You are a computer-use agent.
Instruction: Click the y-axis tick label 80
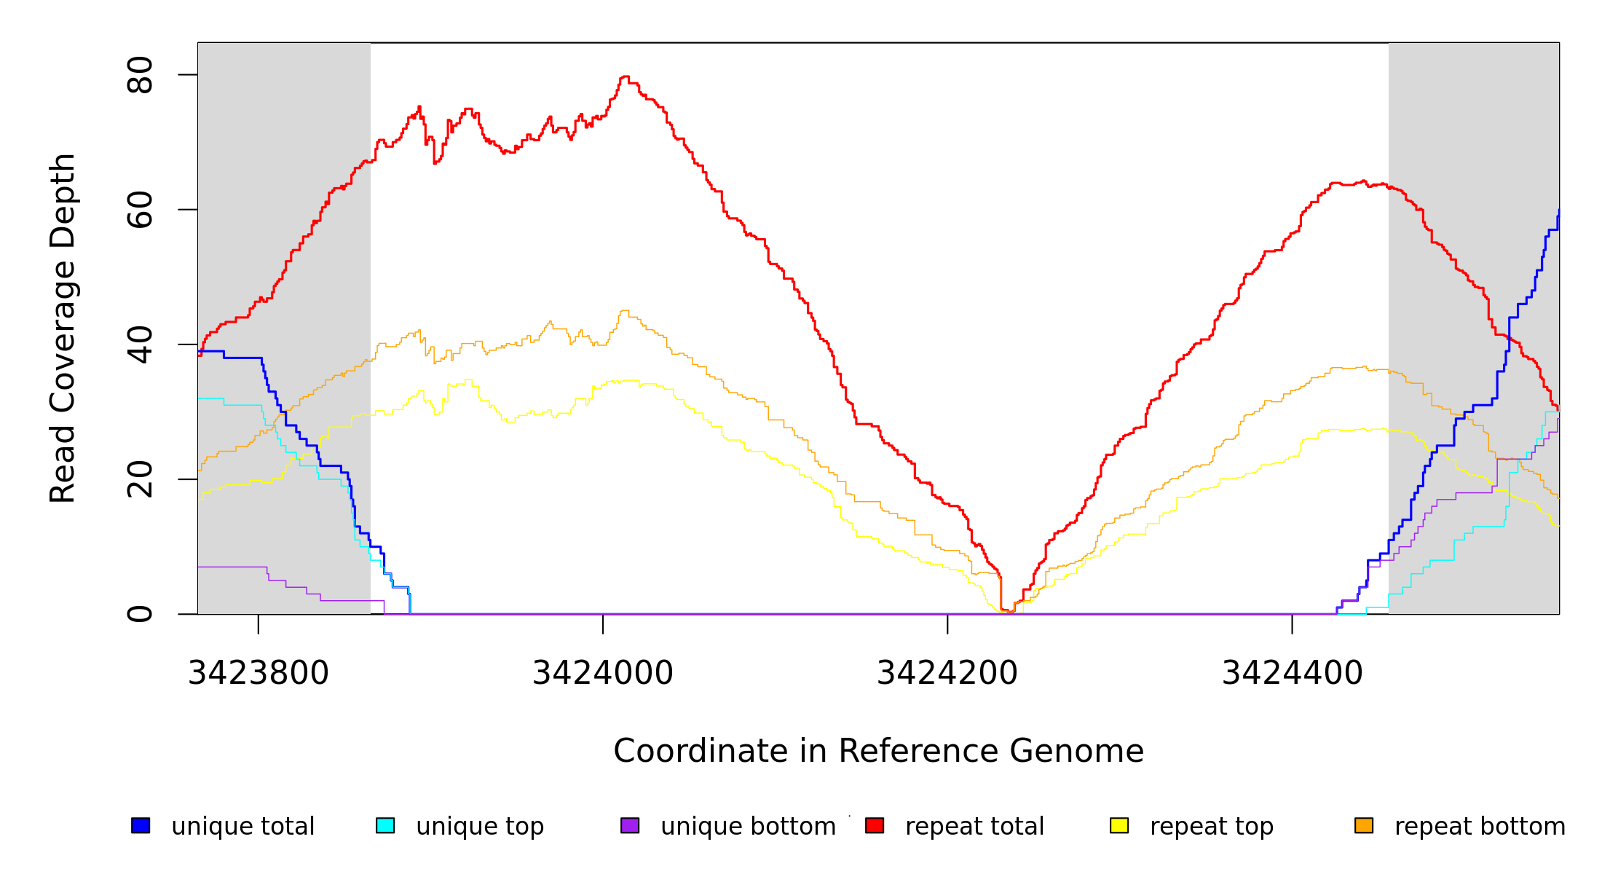tap(140, 75)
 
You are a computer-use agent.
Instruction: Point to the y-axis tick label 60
tap(140, 210)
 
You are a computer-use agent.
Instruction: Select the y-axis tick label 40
tap(140, 345)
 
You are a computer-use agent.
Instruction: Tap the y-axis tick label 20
tap(140, 479)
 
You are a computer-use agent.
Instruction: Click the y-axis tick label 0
tap(140, 614)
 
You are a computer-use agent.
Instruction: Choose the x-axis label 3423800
tap(259, 673)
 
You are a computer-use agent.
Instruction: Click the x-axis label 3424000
tap(603, 673)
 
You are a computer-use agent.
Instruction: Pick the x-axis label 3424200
tap(947, 673)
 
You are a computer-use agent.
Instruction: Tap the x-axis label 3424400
tap(1292, 673)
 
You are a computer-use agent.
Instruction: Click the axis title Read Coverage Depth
tap(63, 328)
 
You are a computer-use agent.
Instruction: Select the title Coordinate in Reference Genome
tap(878, 751)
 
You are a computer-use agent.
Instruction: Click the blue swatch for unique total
tap(141, 825)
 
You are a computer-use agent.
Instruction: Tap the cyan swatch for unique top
tap(385, 825)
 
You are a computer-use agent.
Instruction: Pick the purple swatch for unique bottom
tap(630, 825)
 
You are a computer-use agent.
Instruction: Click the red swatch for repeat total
tap(875, 825)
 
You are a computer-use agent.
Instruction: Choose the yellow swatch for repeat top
tap(1119, 825)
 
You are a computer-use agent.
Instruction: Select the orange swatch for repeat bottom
tap(1364, 825)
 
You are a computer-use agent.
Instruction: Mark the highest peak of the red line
tap(625, 76)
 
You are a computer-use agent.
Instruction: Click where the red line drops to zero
tap(1009, 611)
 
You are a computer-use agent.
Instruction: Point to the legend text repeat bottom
tap(1480, 827)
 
